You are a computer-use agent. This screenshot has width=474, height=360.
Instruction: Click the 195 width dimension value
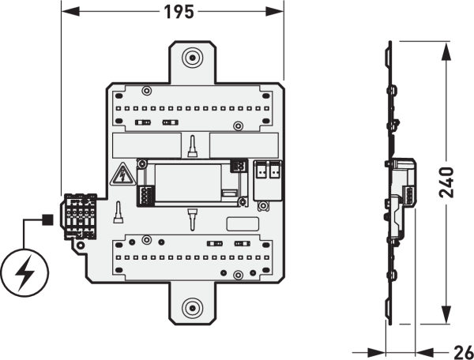[x=179, y=13]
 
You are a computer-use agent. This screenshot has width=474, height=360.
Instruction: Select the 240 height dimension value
[x=446, y=182]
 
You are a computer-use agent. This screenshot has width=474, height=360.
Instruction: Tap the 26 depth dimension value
[x=464, y=352]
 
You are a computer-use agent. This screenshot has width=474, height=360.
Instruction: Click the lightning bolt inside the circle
[x=25, y=272]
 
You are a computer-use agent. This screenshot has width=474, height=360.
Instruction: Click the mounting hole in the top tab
[x=192, y=57]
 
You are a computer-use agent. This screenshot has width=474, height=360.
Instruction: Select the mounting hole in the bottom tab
[x=192, y=308]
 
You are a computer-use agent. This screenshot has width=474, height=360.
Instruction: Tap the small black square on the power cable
[x=47, y=219]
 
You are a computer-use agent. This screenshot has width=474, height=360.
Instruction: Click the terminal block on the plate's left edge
[x=79, y=216]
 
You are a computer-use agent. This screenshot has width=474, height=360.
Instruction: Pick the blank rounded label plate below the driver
[x=243, y=224]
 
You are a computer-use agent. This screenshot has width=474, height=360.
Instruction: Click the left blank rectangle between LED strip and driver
[x=147, y=145]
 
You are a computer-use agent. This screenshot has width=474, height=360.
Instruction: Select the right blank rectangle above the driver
[x=244, y=145]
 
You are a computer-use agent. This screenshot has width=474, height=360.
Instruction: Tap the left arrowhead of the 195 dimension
[x=70, y=12]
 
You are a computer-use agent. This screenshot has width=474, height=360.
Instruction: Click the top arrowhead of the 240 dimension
[x=446, y=51]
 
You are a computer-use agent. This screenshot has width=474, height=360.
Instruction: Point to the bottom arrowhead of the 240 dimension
[x=446, y=315]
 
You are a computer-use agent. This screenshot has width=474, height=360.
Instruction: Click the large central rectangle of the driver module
[x=188, y=183]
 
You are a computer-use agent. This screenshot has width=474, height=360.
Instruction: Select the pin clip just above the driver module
[x=192, y=147]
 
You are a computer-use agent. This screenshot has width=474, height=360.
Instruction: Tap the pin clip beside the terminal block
[x=118, y=212]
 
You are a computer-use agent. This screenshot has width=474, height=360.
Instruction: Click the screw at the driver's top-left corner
[x=141, y=164]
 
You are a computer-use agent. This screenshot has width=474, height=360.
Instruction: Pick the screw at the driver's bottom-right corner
[x=242, y=201]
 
